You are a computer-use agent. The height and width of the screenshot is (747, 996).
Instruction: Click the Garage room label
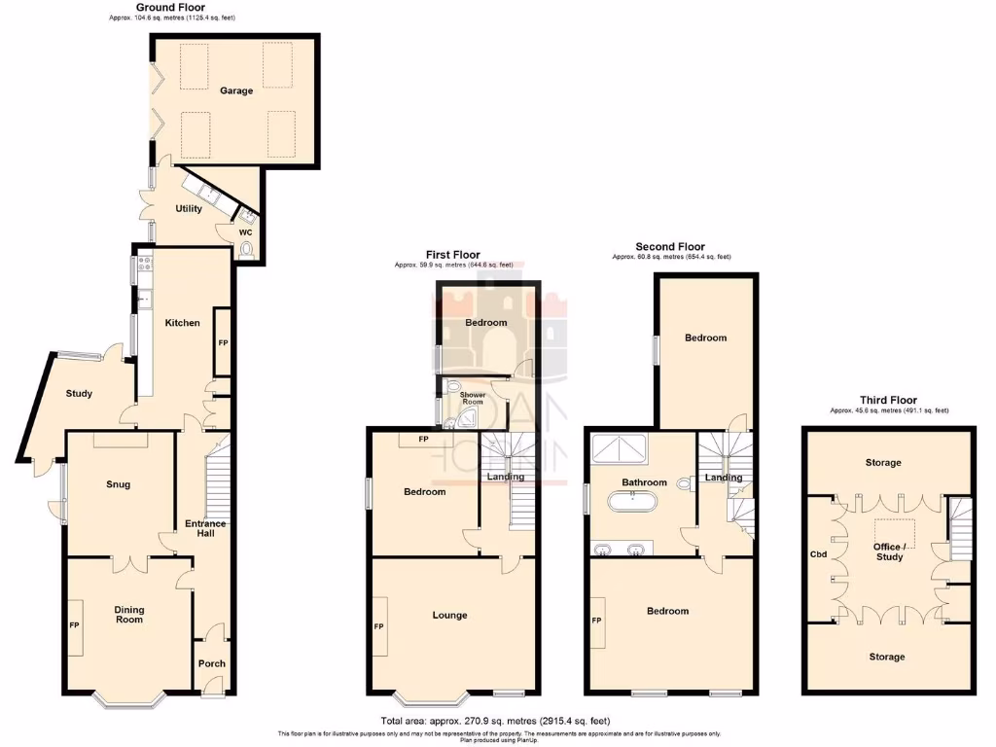tap(235, 90)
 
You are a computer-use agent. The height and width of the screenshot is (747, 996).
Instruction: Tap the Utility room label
tap(188, 208)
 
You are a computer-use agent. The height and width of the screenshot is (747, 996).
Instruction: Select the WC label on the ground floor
tap(246, 232)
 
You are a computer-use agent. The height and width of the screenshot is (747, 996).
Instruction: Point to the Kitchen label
tap(182, 323)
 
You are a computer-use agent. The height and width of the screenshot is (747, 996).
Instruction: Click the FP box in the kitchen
tap(222, 342)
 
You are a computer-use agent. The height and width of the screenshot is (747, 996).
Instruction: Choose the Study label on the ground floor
tap(79, 394)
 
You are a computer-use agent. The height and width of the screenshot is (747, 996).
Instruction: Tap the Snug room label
tap(117, 484)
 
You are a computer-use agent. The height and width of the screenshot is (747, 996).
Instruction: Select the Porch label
tap(211, 663)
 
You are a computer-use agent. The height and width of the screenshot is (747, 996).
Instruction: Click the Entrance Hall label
tap(205, 529)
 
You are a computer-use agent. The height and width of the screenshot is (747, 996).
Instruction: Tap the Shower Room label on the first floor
tap(472, 399)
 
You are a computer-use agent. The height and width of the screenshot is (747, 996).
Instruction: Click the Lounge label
tap(449, 615)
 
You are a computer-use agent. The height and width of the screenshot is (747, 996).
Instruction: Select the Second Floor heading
tap(670, 247)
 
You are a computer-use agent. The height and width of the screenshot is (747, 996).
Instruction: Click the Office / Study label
tap(889, 552)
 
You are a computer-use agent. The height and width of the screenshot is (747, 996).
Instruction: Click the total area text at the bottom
tap(495, 721)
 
